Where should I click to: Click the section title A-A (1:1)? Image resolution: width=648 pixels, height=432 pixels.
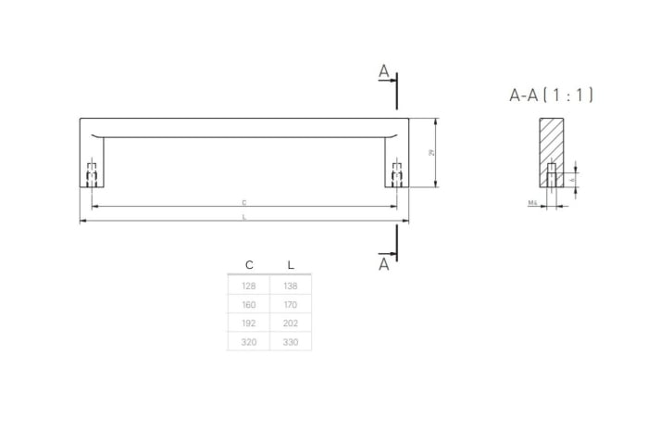(x=551, y=95)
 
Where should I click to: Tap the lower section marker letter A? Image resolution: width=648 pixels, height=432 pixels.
(x=384, y=264)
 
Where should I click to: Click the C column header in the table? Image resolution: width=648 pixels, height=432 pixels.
(x=248, y=265)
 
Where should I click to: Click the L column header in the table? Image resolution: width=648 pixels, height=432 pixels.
(x=291, y=265)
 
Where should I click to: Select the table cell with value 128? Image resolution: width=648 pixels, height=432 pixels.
(x=248, y=286)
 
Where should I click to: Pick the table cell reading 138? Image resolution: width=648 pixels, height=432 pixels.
(x=291, y=286)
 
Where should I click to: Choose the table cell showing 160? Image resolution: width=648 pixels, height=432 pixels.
(x=248, y=304)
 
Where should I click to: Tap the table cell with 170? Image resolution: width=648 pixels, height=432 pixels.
(x=291, y=304)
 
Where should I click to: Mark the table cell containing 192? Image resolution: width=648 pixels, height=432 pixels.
(x=248, y=323)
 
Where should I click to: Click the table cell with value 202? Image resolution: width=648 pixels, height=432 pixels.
(x=291, y=323)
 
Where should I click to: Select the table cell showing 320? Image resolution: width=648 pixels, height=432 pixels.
(x=248, y=341)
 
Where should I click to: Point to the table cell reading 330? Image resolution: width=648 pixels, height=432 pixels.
(x=291, y=341)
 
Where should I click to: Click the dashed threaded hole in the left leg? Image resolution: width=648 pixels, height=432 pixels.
(x=92, y=174)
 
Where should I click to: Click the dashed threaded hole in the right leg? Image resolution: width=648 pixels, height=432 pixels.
(x=397, y=174)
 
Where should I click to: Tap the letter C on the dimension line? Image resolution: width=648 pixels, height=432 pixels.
(x=243, y=201)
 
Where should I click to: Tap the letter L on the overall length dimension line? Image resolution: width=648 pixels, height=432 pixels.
(x=243, y=217)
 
